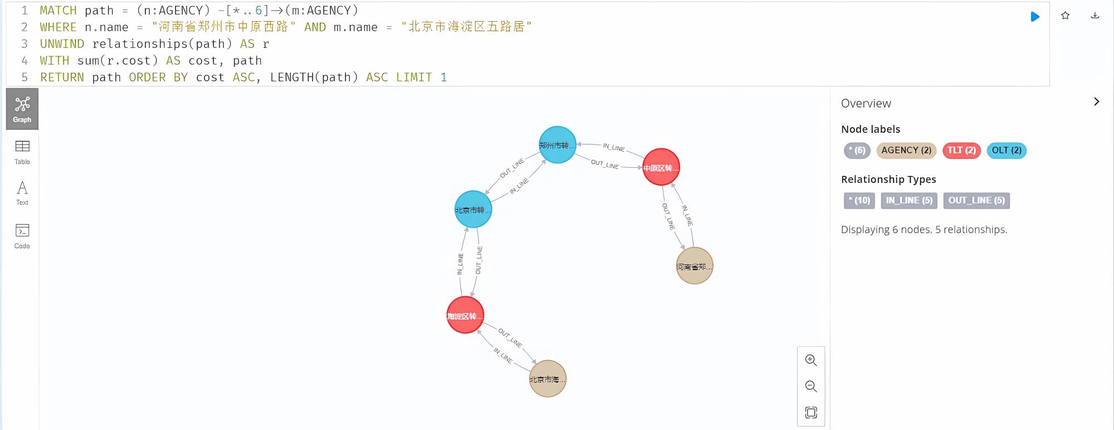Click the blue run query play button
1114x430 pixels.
click(1035, 17)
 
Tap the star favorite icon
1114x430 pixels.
click(1065, 16)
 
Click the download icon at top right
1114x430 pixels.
click(1095, 16)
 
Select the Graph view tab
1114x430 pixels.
click(22, 109)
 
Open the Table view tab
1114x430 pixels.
click(22, 152)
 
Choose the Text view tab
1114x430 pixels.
click(22, 193)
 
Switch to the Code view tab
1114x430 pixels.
click(22, 235)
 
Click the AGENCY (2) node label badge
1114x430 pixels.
click(906, 150)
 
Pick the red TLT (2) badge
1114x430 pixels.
click(961, 150)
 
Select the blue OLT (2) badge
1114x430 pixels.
click(1006, 150)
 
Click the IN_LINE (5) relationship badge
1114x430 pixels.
click(909, 200)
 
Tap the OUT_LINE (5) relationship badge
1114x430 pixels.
click(976, 200)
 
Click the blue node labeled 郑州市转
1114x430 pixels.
click(557, 145)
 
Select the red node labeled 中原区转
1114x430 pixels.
click(661, 167)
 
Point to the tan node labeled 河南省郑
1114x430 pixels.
click(694, 266)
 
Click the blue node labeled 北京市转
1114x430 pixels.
click(473, 210)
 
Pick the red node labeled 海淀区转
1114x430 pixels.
click(465, 315)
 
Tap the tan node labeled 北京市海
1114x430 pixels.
click(548, 379)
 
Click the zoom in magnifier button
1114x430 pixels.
click(811, 360)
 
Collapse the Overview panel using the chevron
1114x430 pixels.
click(1096, 102)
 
